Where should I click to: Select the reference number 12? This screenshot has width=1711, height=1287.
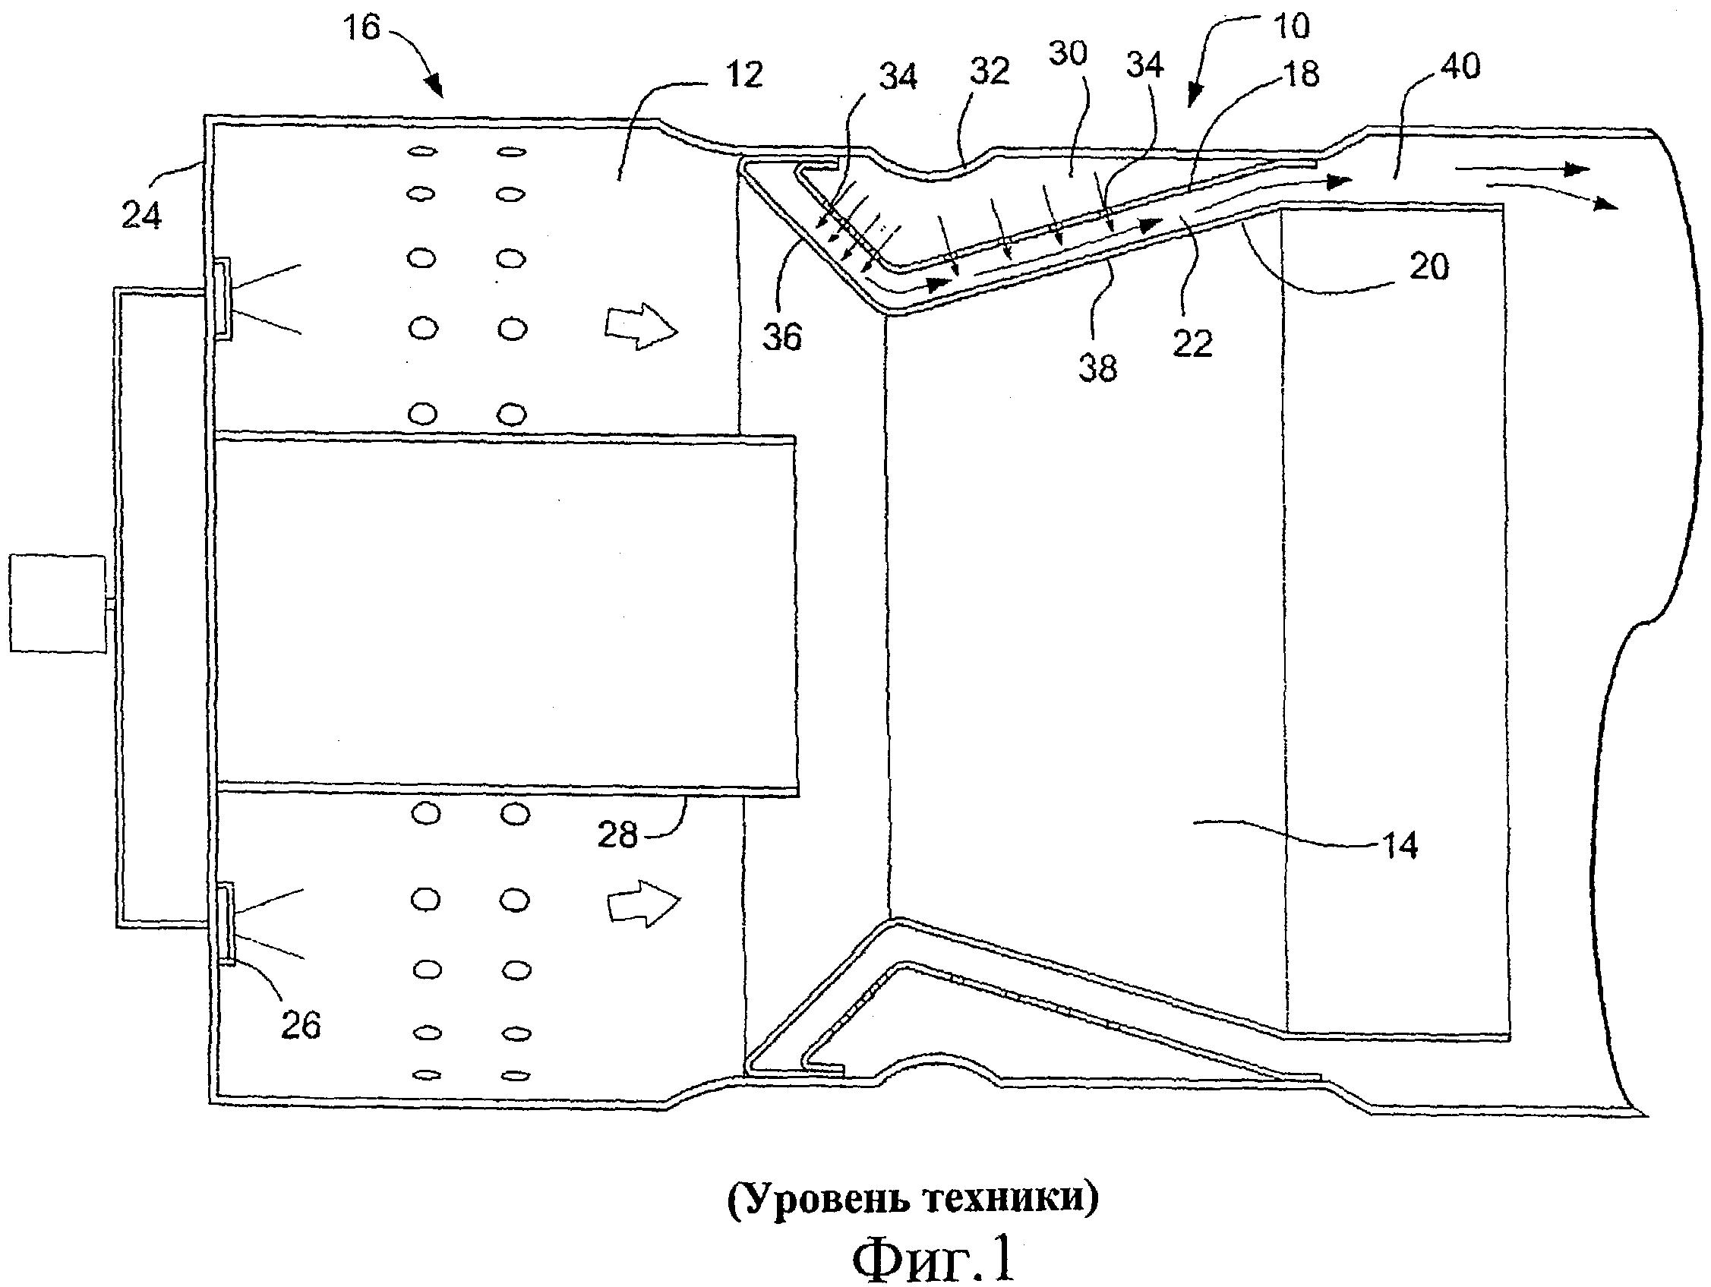tap(744, 75)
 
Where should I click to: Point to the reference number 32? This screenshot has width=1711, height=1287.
tap(990, 72)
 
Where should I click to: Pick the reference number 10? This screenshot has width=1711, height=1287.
tap(1291, 27)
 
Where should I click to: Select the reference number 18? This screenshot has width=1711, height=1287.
tap(1299, 75)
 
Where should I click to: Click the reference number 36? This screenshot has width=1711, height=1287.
tap(782, 337)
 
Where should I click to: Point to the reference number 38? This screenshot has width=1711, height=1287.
tap(1097, 367)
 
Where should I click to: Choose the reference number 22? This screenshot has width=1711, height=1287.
tap(1192, 343)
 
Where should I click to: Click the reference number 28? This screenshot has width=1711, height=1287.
tap(617, 835)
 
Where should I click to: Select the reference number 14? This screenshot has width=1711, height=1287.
tap(1400, 845)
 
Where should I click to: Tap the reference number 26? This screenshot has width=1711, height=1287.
tap(300, 1026)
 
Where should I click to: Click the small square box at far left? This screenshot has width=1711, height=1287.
tap(57, 604)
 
